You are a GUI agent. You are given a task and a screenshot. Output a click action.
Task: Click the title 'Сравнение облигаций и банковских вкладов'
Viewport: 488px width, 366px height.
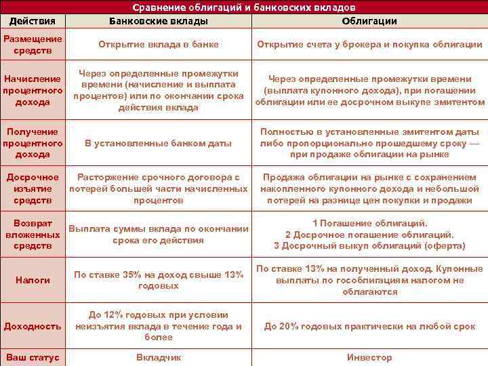pos(243,7)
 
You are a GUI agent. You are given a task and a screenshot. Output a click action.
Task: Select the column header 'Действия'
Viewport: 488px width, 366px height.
pos(33,21)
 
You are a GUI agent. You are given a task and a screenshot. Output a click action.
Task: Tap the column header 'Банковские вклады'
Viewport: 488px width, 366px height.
pos(159,21)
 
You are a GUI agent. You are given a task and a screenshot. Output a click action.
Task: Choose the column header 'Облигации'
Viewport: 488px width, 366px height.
pos(369,21)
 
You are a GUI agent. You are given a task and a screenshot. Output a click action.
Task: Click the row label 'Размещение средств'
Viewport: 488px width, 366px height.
pos(33,45)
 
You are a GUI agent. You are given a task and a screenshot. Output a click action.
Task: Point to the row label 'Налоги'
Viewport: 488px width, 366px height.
pos(33,279)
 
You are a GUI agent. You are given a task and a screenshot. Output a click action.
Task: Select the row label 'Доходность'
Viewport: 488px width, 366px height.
pos(33,326)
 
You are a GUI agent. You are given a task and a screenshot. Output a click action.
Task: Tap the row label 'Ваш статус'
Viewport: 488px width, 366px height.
pos(33,357)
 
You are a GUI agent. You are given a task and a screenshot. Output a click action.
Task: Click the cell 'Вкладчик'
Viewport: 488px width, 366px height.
pos(159,357)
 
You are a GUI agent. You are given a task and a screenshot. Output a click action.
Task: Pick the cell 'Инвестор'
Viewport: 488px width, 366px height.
pos(369,357)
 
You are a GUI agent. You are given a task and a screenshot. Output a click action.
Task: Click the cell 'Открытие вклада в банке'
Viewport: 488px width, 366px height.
pos(159,45)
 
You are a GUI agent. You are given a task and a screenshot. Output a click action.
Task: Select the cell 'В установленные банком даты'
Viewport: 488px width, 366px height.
pos(159,143)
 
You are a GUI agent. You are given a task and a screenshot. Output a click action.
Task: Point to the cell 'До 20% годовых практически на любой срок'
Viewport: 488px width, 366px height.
pos(369,326)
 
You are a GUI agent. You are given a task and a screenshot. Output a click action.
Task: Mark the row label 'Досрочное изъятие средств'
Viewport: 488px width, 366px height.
pos(33,188)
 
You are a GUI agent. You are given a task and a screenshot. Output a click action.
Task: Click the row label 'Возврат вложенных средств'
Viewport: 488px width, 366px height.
pos(33,234)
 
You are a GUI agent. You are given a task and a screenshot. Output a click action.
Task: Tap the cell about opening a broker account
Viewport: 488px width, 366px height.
pos(369,45)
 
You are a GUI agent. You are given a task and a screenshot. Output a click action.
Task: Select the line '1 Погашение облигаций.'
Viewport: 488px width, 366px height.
pos(369,223)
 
